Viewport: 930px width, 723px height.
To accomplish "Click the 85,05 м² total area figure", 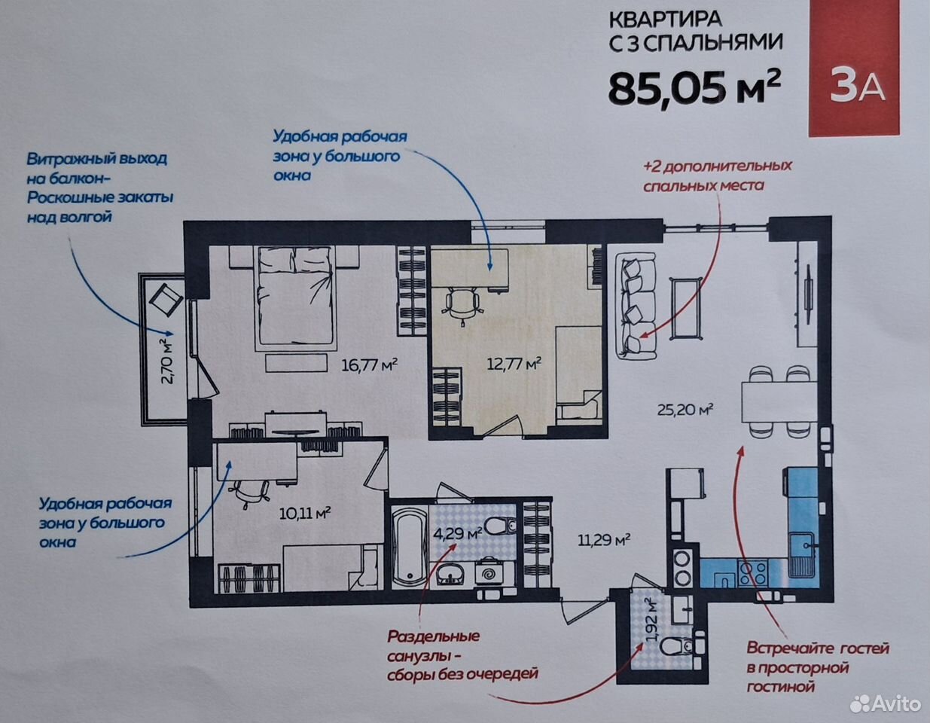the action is point(694,90).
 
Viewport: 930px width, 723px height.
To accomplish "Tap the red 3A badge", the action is point(854,69).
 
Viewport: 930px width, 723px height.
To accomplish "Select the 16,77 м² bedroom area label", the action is point(370,365).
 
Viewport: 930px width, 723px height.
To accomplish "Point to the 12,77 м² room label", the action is point(514,364).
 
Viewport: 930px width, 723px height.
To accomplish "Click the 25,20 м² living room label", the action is point(685,410).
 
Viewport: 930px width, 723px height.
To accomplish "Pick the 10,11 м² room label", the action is point(305,512).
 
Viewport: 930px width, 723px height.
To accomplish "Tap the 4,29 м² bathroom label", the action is point(458,534).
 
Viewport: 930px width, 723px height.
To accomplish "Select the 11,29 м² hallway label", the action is point(604,540).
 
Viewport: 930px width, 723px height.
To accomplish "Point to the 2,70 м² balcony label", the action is point(168,361).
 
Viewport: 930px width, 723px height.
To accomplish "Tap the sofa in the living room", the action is point(636,305).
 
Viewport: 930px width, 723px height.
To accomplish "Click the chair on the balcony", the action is point(166,300).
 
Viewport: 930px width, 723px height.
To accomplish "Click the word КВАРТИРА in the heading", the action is point(666,20).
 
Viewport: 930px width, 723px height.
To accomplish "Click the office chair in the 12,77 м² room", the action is point(462,304).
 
